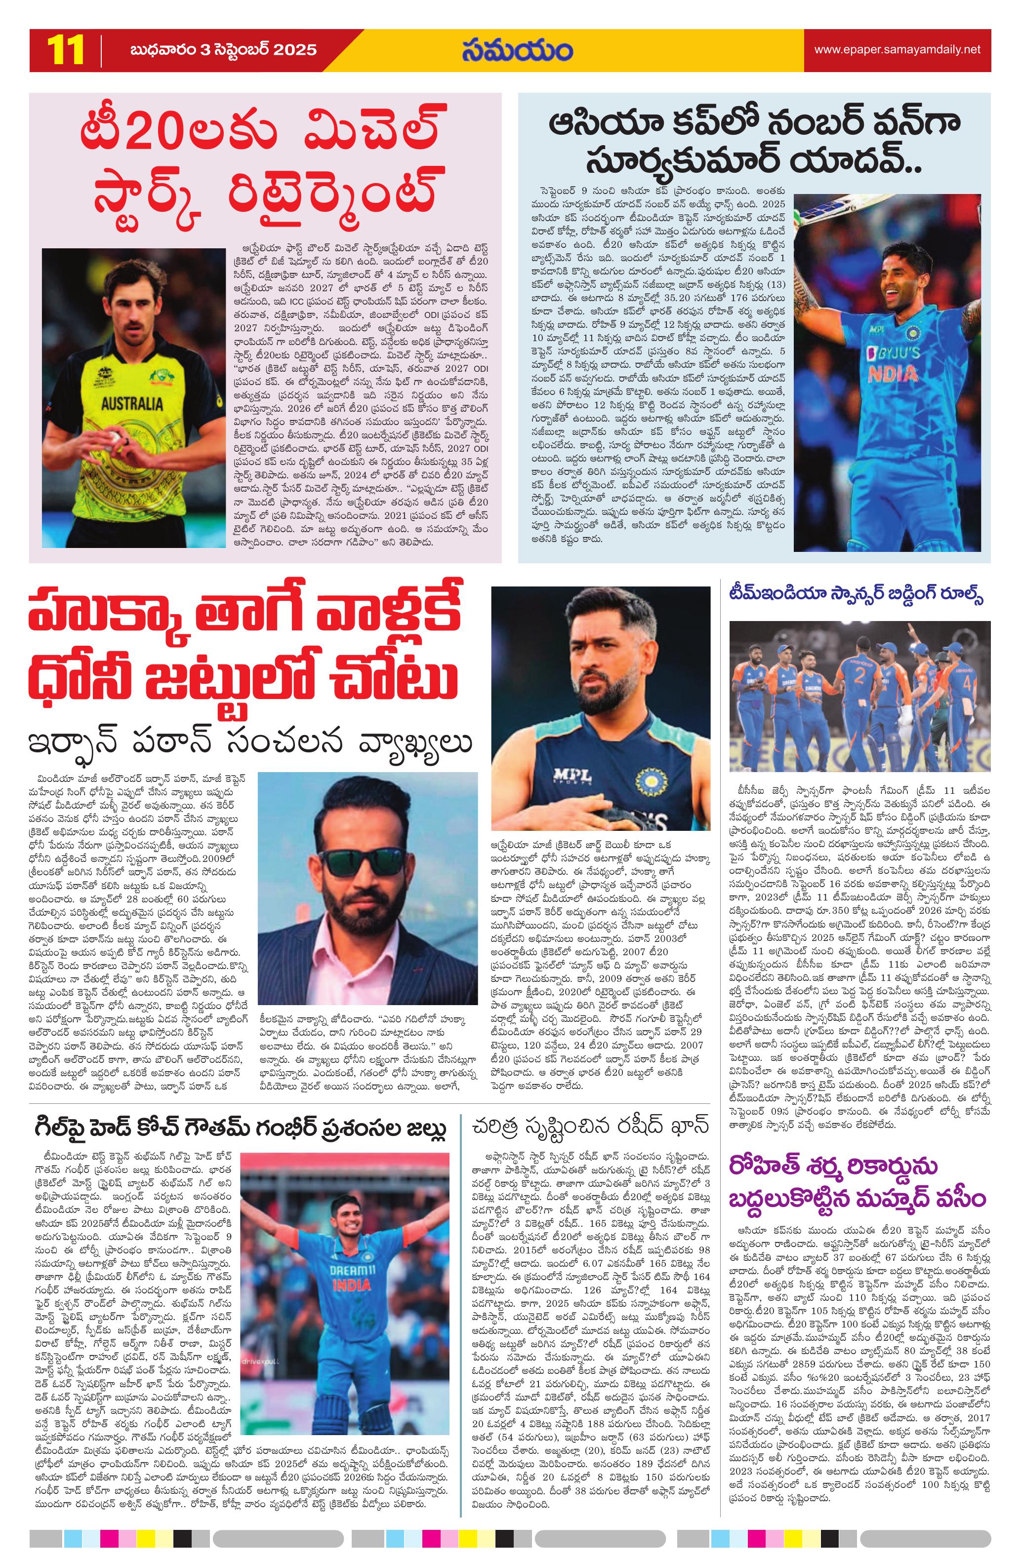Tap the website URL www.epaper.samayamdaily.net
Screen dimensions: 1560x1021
897,50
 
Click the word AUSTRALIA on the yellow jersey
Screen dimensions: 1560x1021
132,402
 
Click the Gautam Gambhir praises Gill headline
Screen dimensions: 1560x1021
241,1129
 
